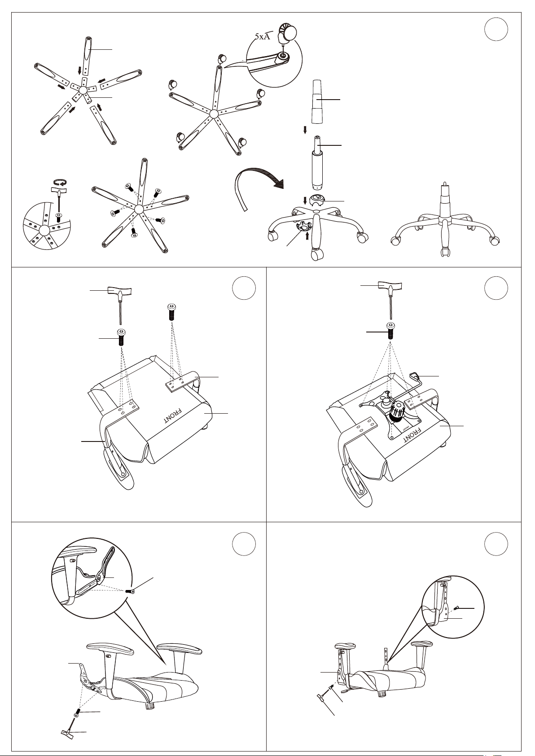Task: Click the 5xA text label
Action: pyautogui.click(x=263, y=36)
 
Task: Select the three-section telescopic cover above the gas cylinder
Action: pyautogui.click(x=318, y=102)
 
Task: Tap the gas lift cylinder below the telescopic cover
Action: pyautogui.click(x=318, y=162)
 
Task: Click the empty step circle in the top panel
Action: pyautogui.click(x=496, y=29)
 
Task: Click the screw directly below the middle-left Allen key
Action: pyautogui.click(x=121, y=336)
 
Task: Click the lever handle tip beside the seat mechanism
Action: pyautogui.click(x=414, y=375)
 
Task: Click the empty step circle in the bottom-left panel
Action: pyautogui.click(x=244, y=544)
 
